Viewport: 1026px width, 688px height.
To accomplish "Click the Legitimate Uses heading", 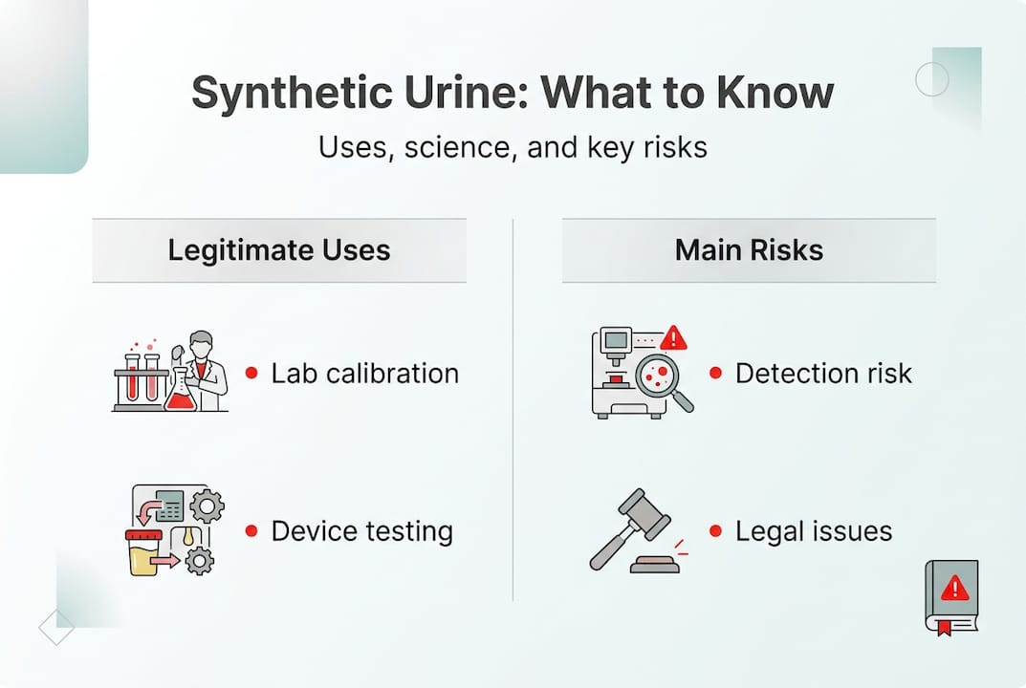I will [x=279, y=250].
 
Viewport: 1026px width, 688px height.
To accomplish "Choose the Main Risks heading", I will [x=749, y=250].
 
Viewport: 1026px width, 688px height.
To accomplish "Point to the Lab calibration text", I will [x=364, y=373].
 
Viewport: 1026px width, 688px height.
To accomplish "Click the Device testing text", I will [x=361, y=530].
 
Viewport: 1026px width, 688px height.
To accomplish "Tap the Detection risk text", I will [x=823, y=373].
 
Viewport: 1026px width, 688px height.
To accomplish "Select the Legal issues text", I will [x=813, y=530].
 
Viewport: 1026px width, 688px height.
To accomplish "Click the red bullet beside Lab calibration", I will [x=251, y=373].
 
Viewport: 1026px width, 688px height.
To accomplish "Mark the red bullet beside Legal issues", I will [x=715, y=530].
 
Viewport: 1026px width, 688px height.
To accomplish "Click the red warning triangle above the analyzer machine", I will [x=674, y=337].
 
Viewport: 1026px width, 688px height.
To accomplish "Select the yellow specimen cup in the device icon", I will [x=144, y=555].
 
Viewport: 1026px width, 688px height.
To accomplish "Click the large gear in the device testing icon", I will [x=207, y=505].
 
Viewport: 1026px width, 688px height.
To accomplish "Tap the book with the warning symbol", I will [x=950, y=594].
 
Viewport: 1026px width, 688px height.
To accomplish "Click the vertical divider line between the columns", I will [x=513, y=411].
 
